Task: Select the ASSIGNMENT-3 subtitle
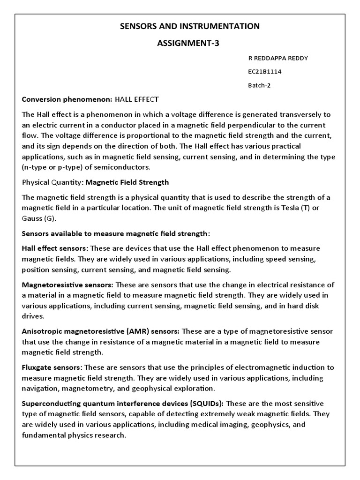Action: click(189, 44)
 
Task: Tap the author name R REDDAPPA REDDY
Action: click(277, 58)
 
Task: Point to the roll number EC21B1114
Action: click(264, 72)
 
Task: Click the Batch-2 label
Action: click(259, 85)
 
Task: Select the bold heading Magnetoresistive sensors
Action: click(67, 285)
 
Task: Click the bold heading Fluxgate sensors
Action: click(52, 367)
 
